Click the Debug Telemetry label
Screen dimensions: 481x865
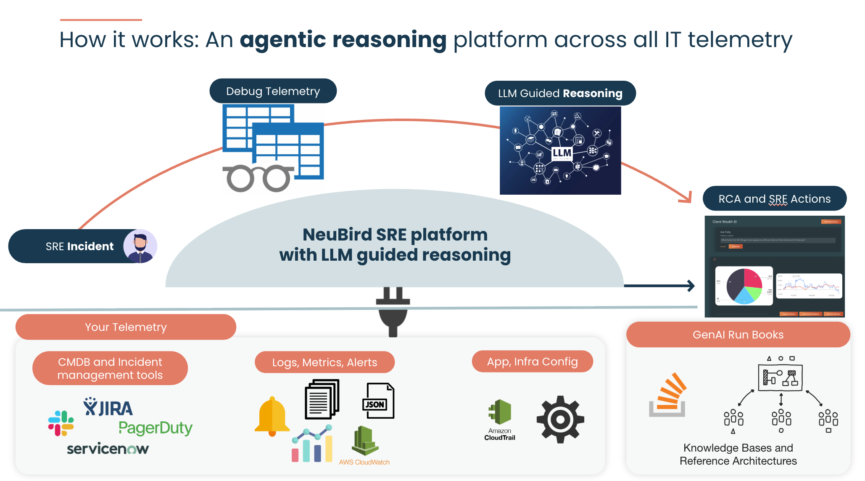tap(273, 91)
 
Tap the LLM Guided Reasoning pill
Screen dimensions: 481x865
tap(560, 93)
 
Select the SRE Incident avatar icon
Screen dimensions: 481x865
tap(140, 246)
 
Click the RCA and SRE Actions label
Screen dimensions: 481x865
tap(774, 198)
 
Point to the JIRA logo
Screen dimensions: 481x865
tap(108, 407)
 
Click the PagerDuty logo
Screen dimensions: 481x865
tap(156, 428)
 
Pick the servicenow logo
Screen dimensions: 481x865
tap(108, 449)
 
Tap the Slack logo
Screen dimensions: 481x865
tap(61, 423)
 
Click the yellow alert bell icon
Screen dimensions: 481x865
tap(272, 416)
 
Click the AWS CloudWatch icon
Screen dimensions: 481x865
tap(365, 441)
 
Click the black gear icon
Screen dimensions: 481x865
tap(560, 419)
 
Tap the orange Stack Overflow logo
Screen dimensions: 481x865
tap(668, 395)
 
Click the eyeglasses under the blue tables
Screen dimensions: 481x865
tap(257, 178)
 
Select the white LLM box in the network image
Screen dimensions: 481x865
tap(562, 153)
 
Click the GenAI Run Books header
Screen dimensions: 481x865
tap(738, 335)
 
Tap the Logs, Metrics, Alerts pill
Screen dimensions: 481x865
tap(324, 362)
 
